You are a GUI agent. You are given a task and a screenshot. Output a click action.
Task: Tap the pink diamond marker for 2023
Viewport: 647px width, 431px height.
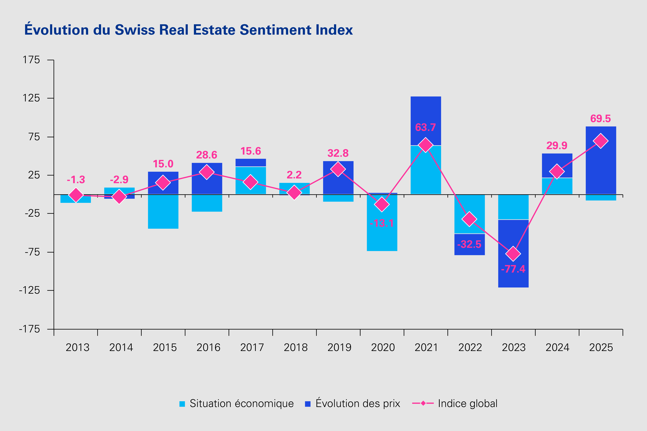coord(513,253)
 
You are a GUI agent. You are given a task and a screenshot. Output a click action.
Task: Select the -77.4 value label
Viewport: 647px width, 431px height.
coord(513,269)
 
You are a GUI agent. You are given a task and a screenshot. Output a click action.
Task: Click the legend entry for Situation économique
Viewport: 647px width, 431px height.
coord(237,404)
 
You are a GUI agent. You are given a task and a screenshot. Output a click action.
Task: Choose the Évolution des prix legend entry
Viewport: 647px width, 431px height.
coord(353,404)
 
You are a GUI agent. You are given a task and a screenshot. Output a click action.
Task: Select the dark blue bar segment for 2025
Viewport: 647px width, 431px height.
coord(601,165)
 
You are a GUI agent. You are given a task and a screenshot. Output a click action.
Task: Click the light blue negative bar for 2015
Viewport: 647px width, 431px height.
coord(163,212)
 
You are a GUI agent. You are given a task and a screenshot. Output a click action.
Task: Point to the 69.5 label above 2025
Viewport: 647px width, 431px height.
coord(601,119)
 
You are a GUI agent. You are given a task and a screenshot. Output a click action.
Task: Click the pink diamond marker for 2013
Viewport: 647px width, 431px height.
coord(76,195)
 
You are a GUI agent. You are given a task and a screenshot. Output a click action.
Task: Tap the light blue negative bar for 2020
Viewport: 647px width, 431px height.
coord(382,236)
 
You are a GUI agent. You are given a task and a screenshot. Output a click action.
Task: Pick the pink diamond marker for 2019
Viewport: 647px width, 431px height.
coord(338,169)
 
